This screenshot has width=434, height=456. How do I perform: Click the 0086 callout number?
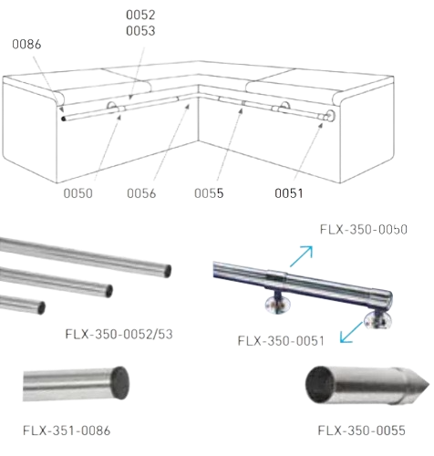click(x=26, y=45)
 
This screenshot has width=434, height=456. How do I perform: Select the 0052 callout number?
click(x=140, y=15)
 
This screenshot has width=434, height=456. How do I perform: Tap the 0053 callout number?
click(x=140, y=31)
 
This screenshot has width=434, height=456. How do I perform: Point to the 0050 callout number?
click(x=77, y=193)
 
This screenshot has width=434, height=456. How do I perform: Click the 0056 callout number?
click(x=141, y=193)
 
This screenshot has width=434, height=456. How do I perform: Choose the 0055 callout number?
click(x=209, y=193)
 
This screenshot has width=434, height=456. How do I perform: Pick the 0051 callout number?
click(x=289, y=193)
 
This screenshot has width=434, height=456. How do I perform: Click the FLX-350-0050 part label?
click(x=364, y=230)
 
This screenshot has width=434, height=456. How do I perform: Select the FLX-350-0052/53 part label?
click(x=119, y=334)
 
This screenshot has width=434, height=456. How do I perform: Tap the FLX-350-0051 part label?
click(x=281, y=341)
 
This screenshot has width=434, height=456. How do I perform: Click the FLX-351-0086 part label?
click(x=67, y=430)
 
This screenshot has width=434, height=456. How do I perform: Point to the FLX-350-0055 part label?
click(x=361, y=430)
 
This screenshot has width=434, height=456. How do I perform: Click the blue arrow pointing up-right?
click(x=301, y=256)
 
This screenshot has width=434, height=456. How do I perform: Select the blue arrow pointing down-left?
click(x=351, y=332)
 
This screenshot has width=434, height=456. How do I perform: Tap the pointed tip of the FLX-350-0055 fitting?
click(x=429, y=385)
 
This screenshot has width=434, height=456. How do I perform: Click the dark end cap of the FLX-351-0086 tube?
click(x=119, y=383)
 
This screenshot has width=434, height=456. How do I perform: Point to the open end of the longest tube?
click(x=167, y=271)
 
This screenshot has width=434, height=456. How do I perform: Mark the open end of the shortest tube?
click(x=42, y=308)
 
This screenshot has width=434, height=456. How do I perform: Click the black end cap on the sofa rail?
click(x=63, y=119)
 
